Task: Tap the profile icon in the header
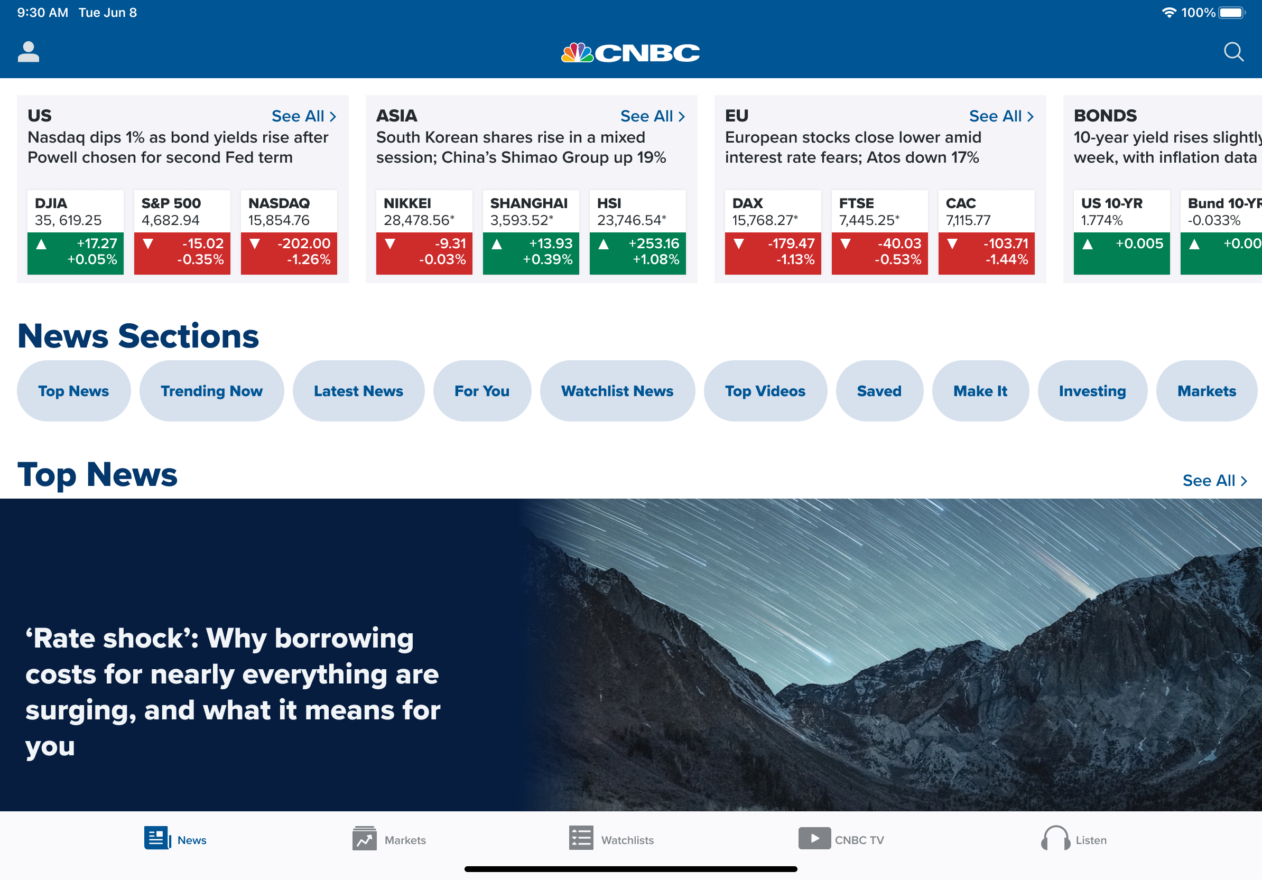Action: pos(29,52)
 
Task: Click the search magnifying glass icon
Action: pos(1233,52)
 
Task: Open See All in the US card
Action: pos(304,116)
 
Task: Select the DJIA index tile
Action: pos(75,232)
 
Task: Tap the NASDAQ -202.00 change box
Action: pos(289,252)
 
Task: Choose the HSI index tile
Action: pos(637,232)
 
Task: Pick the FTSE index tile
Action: pos(879,232)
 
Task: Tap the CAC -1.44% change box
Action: pos(987,252)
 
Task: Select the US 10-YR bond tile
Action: pos(1122,232)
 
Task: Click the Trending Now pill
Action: pos(211,391)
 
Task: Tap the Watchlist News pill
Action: pos(617,391)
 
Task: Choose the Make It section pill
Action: pos(980,391)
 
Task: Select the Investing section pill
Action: pos(1092,391)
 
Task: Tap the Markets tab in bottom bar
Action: pos(389,839)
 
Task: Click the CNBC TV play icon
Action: pos(814,839)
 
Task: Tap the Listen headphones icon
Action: pos(1055,839)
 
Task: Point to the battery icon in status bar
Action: pos(1232,13)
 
